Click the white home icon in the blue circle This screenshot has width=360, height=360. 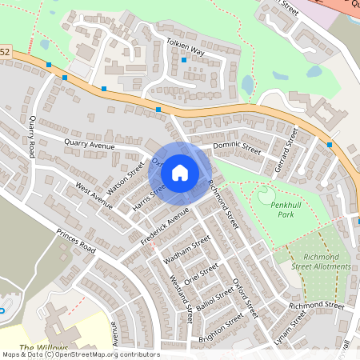click(180, 172)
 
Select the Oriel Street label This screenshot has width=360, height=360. click(200, 272)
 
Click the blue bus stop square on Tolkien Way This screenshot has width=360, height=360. click(184, 60)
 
